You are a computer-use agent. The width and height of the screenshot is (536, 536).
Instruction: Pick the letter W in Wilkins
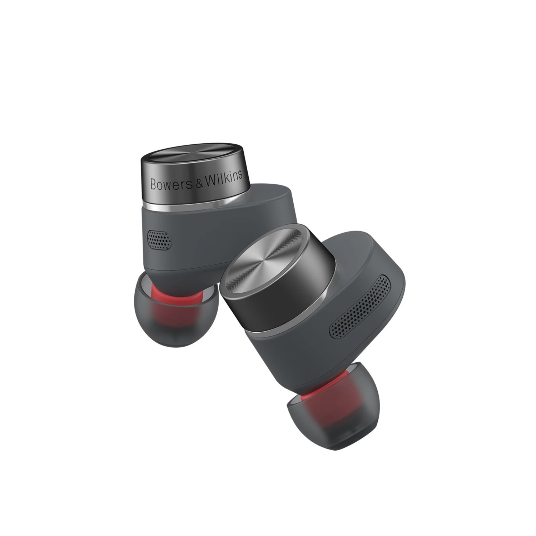coord(210,180)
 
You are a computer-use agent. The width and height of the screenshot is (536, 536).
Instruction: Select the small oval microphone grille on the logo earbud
coord(159,239)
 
